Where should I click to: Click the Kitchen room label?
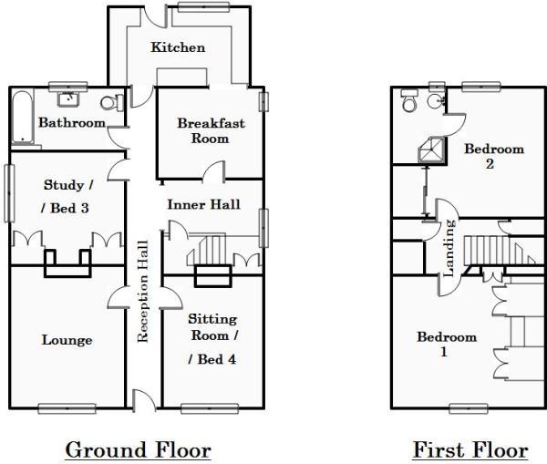click(x=178, y=47)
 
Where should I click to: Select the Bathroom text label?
click(x=71, y=122)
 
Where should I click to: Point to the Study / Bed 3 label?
click(x=67, y=196)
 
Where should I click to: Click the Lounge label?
click(x=67, y=340)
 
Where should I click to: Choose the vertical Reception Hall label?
click(x=142, y=291)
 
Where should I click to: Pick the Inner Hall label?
click(x=203, y=204)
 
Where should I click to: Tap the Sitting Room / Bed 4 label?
click(x=212, y=338)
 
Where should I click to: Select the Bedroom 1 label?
click(x=447, y=344)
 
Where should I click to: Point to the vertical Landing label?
click(x=449, y=252)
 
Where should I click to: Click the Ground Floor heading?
click(x=139, y=449)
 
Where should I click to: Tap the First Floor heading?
click(x=470, y=449)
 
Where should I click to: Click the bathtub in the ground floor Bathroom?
click(x=24, y=119)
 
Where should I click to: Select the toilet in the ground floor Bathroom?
click(x=111, y=103)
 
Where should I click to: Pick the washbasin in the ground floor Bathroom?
click(x=68, y=98)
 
